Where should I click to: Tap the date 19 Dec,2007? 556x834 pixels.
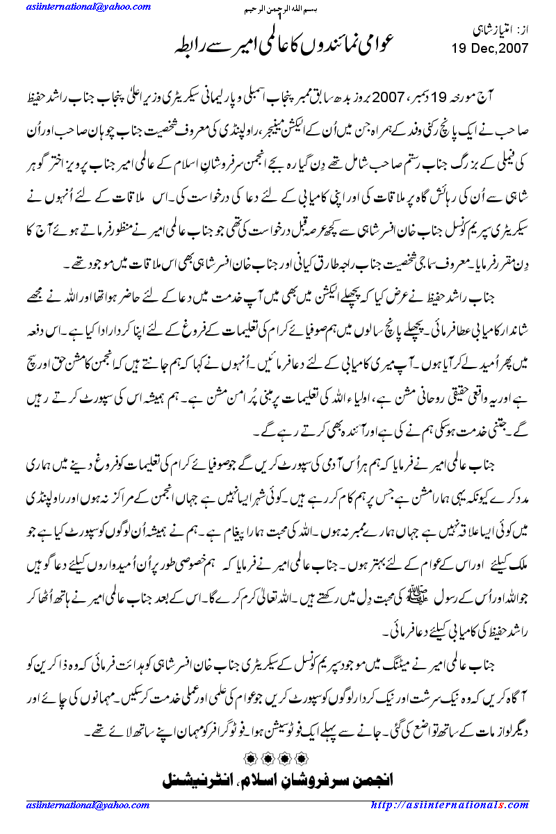(x=490, y=49)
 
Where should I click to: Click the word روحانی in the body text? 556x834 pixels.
(x=400, y=397)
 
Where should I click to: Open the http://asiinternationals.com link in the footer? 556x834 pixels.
(x=450, y=804)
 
